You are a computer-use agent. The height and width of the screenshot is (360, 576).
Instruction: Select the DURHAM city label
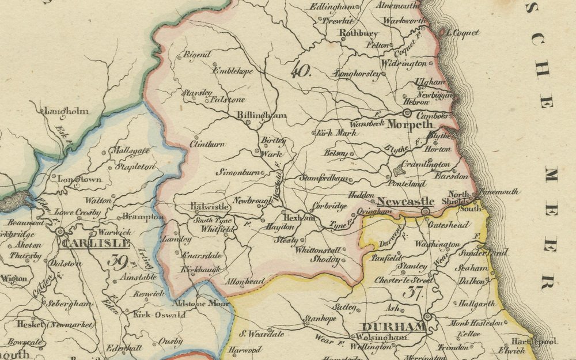[395, 327]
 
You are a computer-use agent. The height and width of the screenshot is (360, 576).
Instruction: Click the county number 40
[301, 72]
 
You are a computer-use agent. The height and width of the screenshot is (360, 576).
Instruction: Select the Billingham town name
[262, 115]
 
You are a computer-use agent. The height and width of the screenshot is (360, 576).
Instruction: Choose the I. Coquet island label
[461, 33]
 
